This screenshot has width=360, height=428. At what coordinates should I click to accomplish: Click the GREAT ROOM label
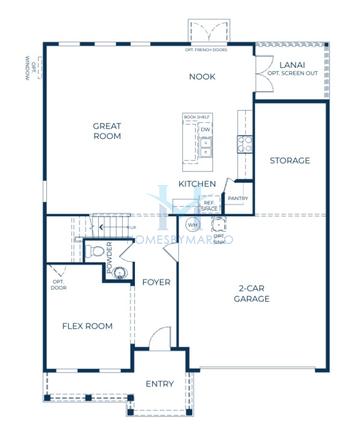pos(107,133)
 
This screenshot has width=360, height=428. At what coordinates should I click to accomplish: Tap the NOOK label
pos(204,76)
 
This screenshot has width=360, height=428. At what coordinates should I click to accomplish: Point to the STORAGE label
pos(290,160)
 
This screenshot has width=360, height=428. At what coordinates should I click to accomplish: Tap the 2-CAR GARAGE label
pos(256,294)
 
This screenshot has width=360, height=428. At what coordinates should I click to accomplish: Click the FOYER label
pos(156,282)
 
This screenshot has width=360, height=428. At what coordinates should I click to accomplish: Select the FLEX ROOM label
pos(87,326)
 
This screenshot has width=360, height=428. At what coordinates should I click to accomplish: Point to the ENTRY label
pos(159,384)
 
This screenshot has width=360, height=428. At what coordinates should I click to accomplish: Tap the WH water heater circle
pos(192,225)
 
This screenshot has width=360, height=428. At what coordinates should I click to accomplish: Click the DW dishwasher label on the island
pos(204,130)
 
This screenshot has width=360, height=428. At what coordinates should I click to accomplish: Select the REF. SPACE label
pos(209,204)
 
